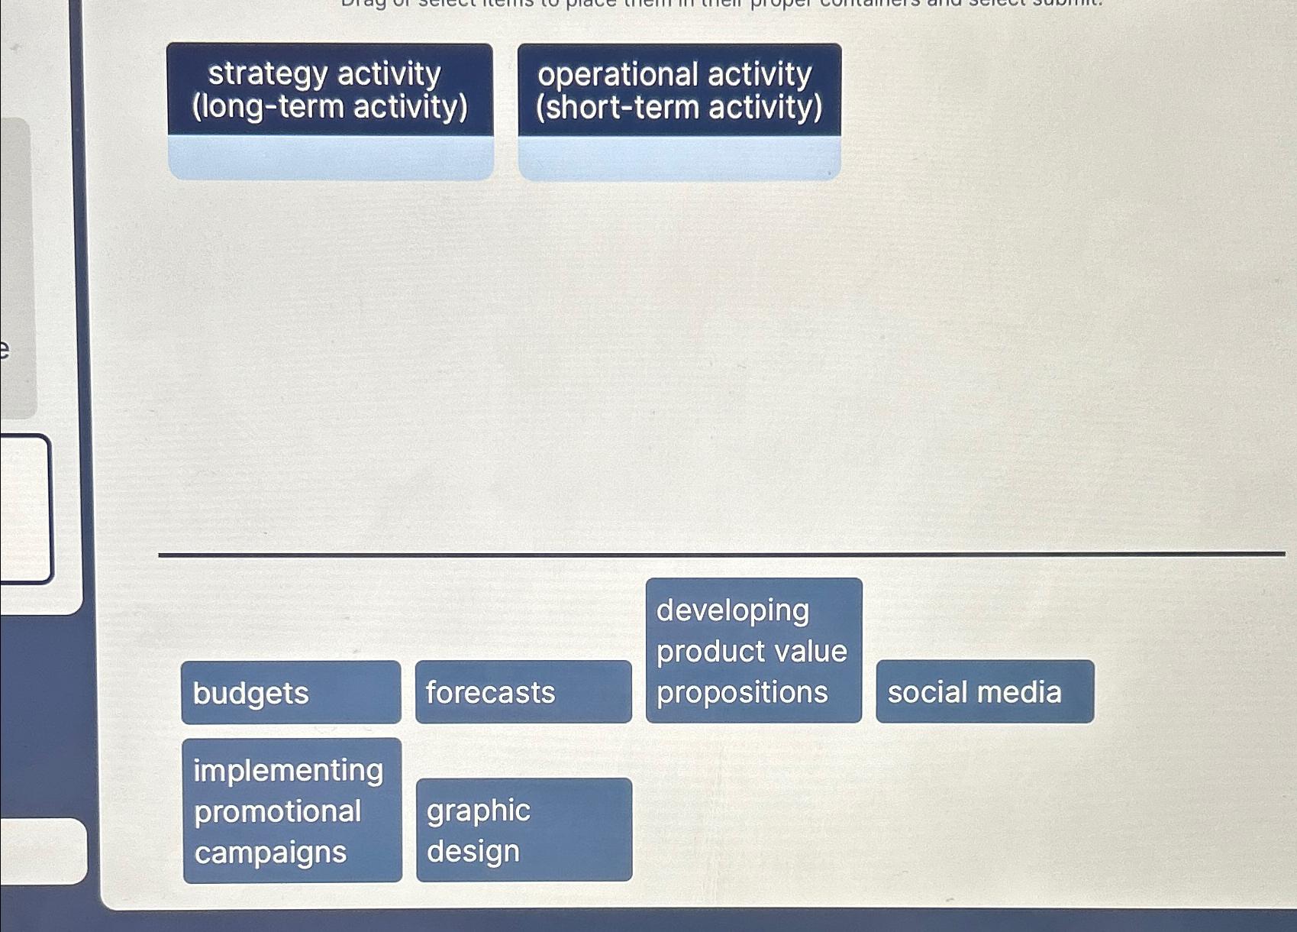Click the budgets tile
(291, 693)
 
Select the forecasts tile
(524, 692)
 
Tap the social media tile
(985, 692)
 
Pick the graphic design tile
(524, 830)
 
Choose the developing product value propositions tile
(753, 651)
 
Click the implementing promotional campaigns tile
(292, 811)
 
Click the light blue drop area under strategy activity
(331, 158)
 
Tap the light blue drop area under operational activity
(679, 159)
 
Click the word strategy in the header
(267, 74)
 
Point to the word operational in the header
(618, 75)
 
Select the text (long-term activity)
(330, 107)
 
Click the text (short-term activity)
(679, 108)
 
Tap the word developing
(733, 610)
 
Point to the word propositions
(742, 693)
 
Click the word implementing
(288, 770)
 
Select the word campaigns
(270, 853)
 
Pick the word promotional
(277, 811)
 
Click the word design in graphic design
(473, 852)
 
